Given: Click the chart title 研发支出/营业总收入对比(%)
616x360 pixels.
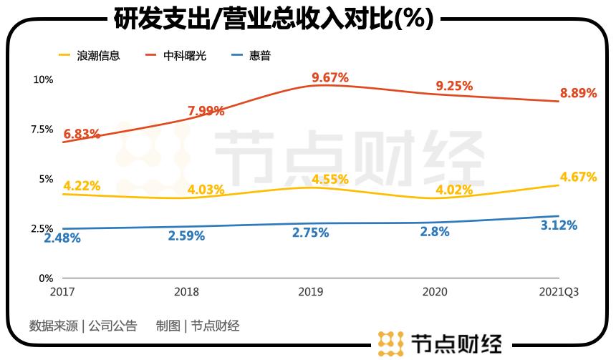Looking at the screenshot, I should (x=274, y=19).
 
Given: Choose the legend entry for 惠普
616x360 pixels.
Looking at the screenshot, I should (x=260, y=55).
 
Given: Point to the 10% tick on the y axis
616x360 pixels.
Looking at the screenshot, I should (x=43, y=79).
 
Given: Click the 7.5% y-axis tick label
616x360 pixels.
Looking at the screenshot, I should (x=41, y=129).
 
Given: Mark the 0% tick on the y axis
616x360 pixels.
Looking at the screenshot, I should (x=45, y=278).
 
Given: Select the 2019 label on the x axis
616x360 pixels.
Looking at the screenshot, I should (x=310, y=292).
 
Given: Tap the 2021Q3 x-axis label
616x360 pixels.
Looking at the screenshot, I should (x=558, y=292).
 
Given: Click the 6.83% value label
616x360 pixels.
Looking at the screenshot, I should (x=82, y=135).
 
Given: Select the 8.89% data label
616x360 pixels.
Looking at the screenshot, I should (x=578, y=93).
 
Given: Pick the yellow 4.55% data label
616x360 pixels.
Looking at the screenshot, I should (x=330, y=179).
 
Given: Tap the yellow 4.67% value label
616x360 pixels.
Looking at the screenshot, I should (x=578, y=177).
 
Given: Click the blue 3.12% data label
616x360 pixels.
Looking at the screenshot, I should (x=558, y=225).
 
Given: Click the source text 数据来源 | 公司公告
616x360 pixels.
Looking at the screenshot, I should (x=83, y=326).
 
